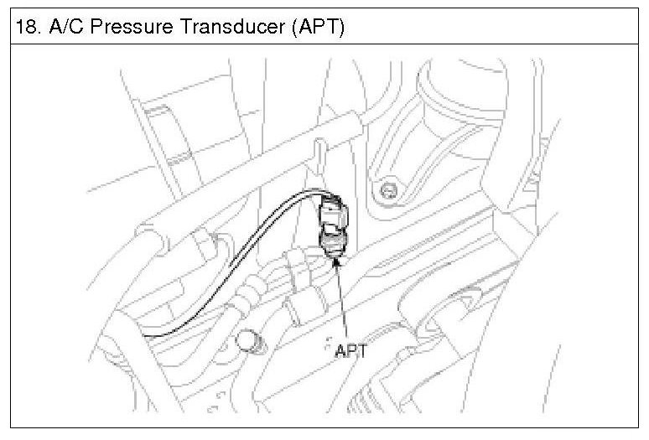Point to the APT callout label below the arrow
click(x=350, y=351)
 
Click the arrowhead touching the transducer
click(x=337, y=261)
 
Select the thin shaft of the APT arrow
click(x=342, y=302)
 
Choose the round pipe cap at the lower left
click(x=250, y=340)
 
